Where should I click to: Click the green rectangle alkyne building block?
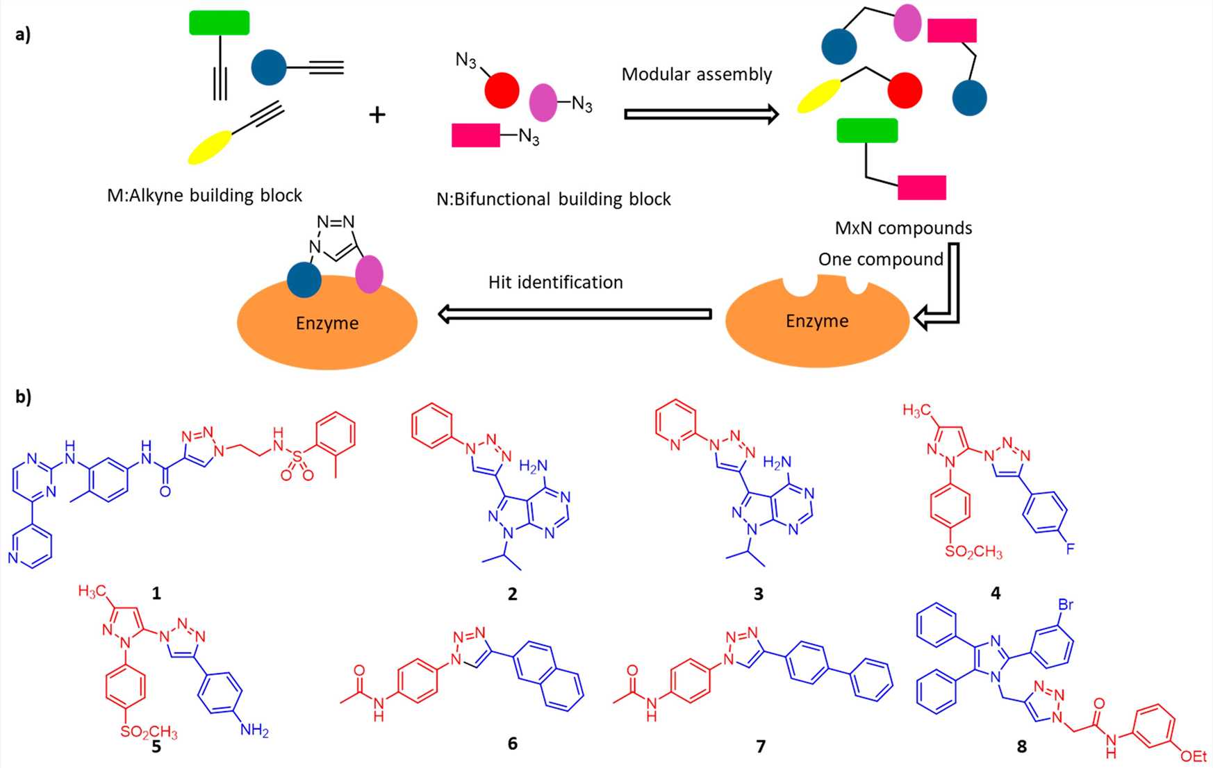(219, 23)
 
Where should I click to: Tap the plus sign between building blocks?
(377, 115)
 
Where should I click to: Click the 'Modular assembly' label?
(696, 74)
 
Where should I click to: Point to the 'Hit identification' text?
(555, 282)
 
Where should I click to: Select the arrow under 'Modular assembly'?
(700, 114)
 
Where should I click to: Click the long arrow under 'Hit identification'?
(575, 314)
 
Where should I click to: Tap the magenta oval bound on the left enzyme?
(369, 274)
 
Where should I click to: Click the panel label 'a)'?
(23, 35)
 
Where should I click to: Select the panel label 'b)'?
(23, 396)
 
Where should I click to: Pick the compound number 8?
(1021, 746)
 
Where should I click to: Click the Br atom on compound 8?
(1065, 604)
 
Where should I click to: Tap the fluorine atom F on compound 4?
(1070, 549)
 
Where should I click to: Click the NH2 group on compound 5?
(254, 731)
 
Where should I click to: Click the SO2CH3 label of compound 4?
(973, 552)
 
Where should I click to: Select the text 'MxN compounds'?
(903, 228)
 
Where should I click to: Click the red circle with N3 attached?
(502, 90)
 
